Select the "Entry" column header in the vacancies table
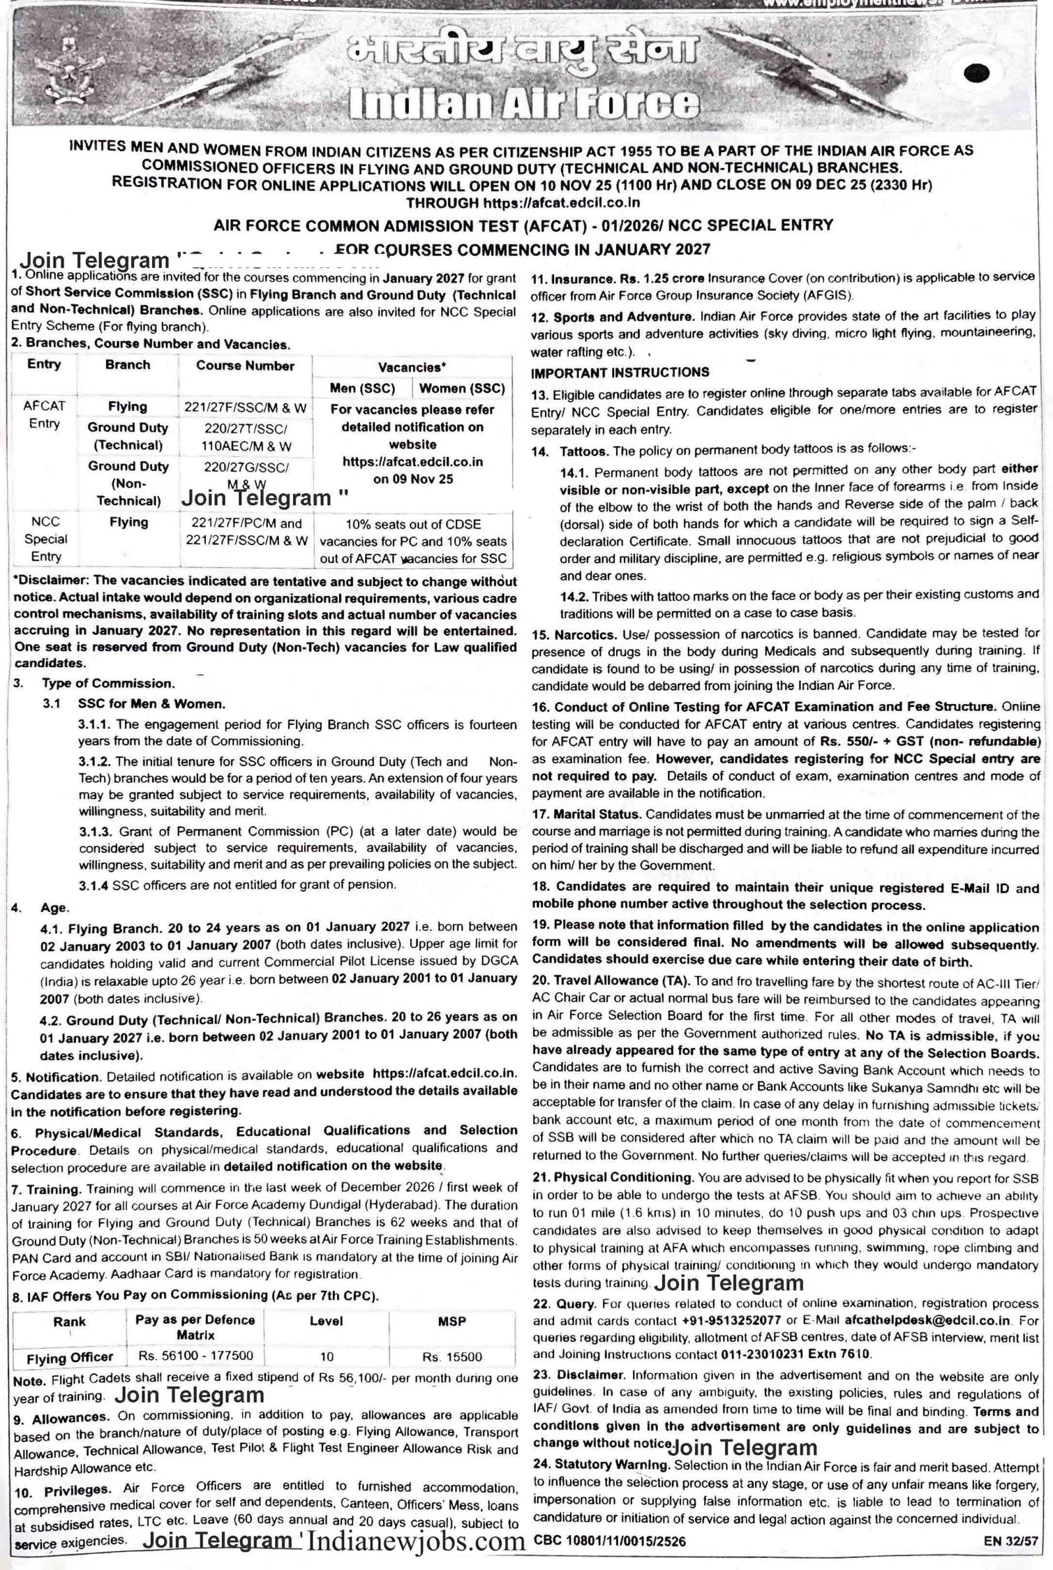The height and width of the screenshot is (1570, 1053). tap(44, 364)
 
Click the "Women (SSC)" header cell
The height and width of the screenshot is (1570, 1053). tap(462, 389)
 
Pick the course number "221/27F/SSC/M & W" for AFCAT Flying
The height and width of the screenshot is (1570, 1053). tap(245, 407)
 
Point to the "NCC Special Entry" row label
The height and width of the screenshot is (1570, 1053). tap(45, 539)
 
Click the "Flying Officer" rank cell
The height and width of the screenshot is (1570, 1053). tap(70, 1358)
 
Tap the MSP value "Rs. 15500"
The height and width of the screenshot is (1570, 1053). tap(452, 1357)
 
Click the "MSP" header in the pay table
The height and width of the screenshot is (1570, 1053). tap(452, 1322)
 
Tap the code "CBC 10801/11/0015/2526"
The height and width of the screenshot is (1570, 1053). tap(610, 1540)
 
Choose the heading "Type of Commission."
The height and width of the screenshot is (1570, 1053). tap(108, 683)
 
